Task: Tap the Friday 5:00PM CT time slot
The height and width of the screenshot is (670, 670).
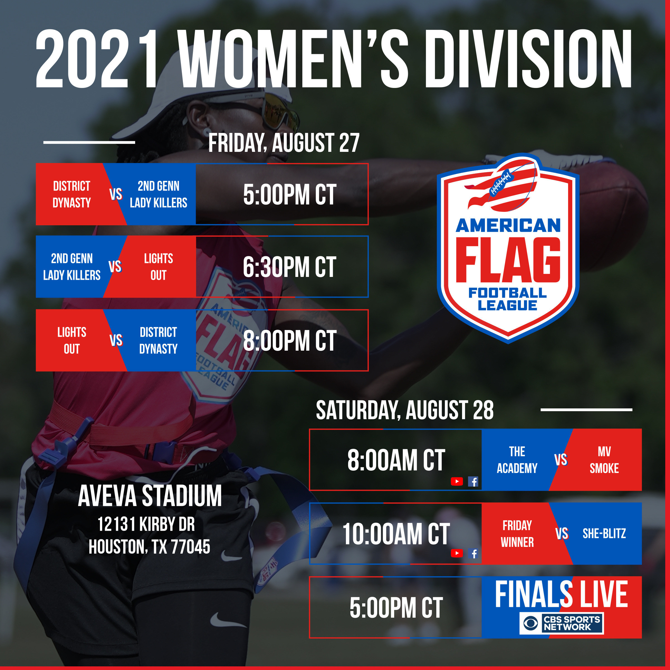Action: click(x=289, y=194)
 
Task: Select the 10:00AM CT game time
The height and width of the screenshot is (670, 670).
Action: click(x=396, y=534)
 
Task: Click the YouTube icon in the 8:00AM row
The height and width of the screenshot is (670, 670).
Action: click(x=457, y=481)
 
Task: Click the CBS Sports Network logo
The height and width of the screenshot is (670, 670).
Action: click(x=561, y=623)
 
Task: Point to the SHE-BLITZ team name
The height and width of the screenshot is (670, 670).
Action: click(x=604, y=533)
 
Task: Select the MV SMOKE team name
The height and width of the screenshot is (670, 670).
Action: click(x=604, y=460)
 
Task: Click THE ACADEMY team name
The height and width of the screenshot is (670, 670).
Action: click(x=517, y=460)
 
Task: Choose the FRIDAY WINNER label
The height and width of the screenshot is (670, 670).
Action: click(x=517, y=534)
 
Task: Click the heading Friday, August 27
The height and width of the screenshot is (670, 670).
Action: click(x=284, y=143)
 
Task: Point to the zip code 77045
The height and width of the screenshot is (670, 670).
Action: click(x=190, y=547)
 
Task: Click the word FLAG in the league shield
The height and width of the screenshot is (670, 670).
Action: click(x=508, y=260)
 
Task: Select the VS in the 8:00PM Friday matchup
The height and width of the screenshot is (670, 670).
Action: click(x=116, y=340)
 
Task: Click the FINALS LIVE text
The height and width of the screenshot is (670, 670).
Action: click(x=561, y=594)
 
